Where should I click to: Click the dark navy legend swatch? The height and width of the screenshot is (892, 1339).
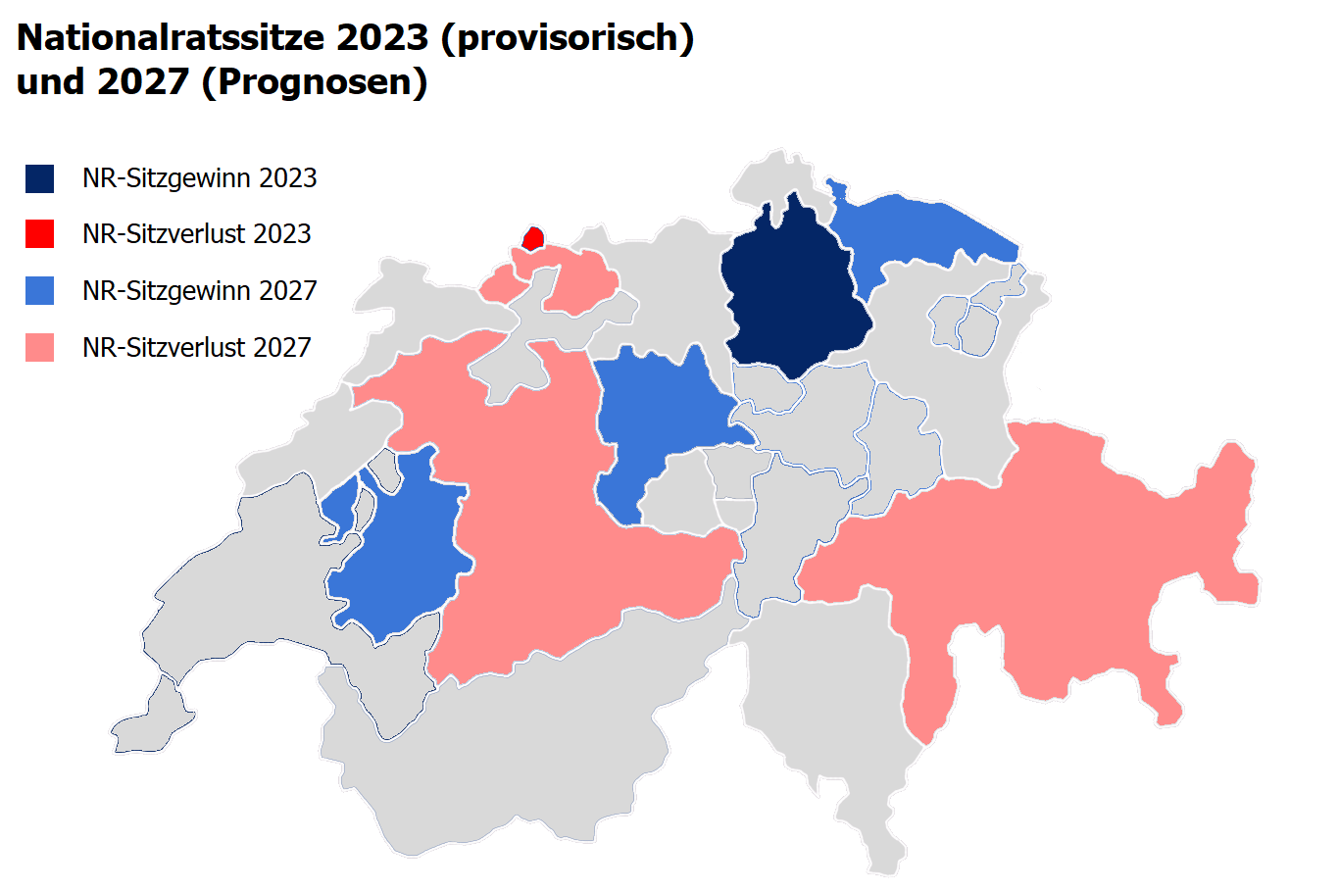pos(40,178)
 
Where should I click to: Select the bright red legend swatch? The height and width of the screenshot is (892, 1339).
pos(40,234)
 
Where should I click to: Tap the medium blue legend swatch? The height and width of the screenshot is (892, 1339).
pos(40,291)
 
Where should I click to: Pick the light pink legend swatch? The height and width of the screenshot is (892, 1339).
pos(40,348)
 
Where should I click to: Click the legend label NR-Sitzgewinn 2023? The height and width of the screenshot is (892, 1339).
pos(199,178)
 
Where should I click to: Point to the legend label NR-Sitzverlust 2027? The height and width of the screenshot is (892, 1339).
pos(196,348)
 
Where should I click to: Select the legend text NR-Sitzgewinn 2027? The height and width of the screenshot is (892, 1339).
pos(199,291)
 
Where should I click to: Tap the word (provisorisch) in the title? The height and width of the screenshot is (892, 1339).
pos(568,38)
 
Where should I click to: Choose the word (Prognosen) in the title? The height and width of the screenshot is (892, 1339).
pos(314,82)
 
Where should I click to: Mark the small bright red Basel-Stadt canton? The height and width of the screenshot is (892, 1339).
pos(533,238)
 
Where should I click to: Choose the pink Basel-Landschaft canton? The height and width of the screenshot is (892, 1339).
pos(578,284)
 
